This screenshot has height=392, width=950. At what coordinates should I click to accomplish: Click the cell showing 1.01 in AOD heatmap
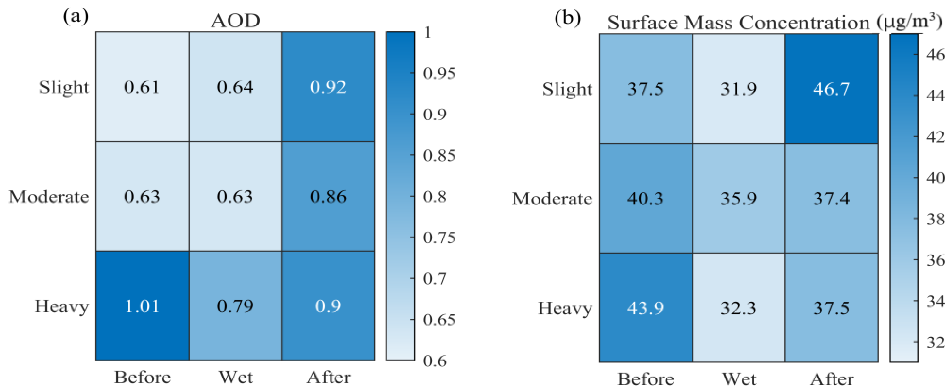pos(142,306)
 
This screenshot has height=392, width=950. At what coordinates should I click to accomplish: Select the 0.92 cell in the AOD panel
pos(328,87)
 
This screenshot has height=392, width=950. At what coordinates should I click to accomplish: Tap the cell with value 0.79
pos(235,306)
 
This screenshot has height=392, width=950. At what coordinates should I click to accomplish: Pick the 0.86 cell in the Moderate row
pos(328,196)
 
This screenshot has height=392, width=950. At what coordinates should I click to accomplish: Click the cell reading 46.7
pos(831,89)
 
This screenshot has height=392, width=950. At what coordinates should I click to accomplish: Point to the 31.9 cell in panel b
pos(738,89)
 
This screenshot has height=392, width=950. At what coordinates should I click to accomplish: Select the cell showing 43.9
pos(645,308)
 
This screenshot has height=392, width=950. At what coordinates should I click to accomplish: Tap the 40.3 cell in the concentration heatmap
pos(645,198)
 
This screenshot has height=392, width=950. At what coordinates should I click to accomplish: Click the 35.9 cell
pos(738,198)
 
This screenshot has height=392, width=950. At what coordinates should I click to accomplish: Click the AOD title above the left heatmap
pos(235,21)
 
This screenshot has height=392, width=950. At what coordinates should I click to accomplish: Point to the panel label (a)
pos(76,17)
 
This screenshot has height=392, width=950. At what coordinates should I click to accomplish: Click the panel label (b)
pos(568,18)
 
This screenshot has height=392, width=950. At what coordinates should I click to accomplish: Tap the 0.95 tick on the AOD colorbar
pos(439,73)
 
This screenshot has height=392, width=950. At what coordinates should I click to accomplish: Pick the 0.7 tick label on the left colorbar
pos(435,278)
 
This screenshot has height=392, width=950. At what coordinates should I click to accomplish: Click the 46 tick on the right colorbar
pos(936,55)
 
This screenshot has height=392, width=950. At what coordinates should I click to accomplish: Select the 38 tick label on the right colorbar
pos(936,219)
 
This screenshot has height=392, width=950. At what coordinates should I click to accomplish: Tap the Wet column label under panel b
pos(739,379)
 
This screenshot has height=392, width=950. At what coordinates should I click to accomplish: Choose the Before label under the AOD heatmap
pos(142,377)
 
